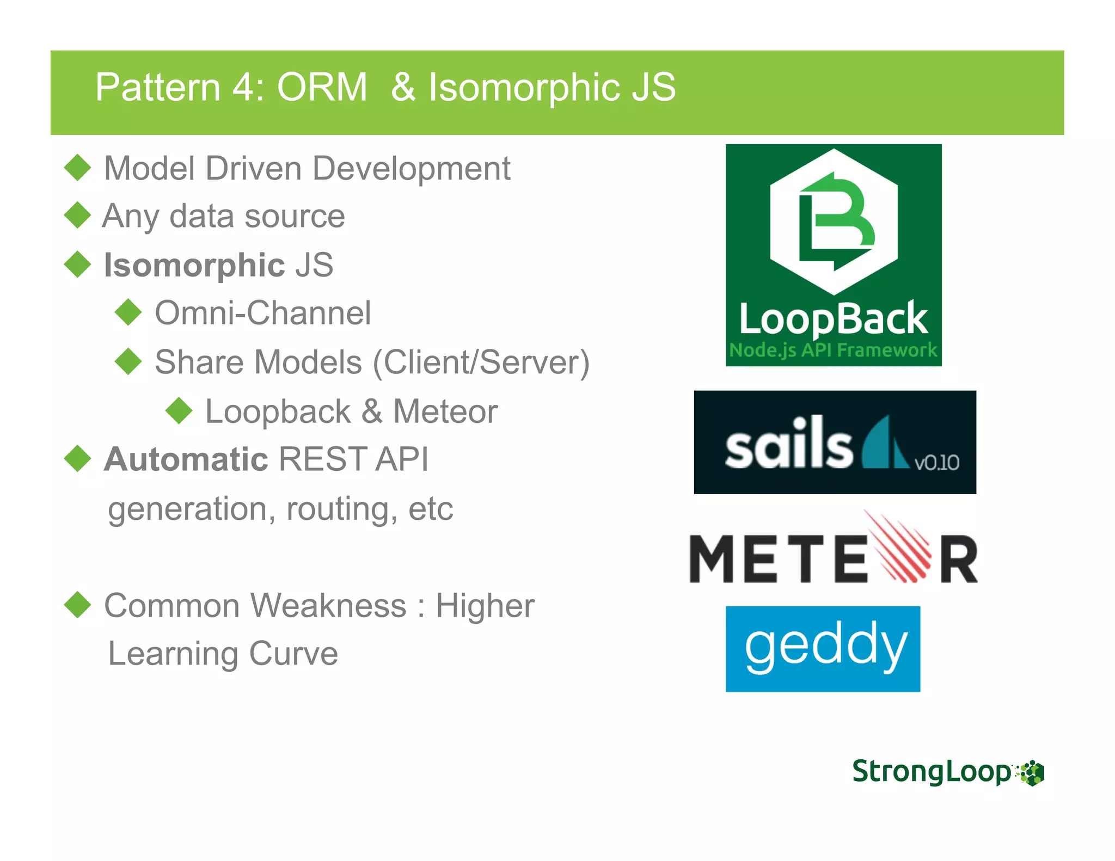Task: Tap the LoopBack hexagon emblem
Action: [834, 222]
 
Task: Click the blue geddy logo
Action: [823, 649]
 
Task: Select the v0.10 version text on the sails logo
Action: [936, 463]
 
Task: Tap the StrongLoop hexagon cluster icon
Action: [1031, 773]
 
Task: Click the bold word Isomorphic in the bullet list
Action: [194, 265]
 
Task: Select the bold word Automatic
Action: [186, 459]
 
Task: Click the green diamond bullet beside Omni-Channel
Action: [128, 312]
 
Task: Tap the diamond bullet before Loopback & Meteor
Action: [179, 410]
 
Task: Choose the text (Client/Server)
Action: [481, 362]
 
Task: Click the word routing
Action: [336, 508]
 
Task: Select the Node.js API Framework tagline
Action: [833, 349]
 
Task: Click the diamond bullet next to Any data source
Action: [77, 216]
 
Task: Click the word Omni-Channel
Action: [263, 313]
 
